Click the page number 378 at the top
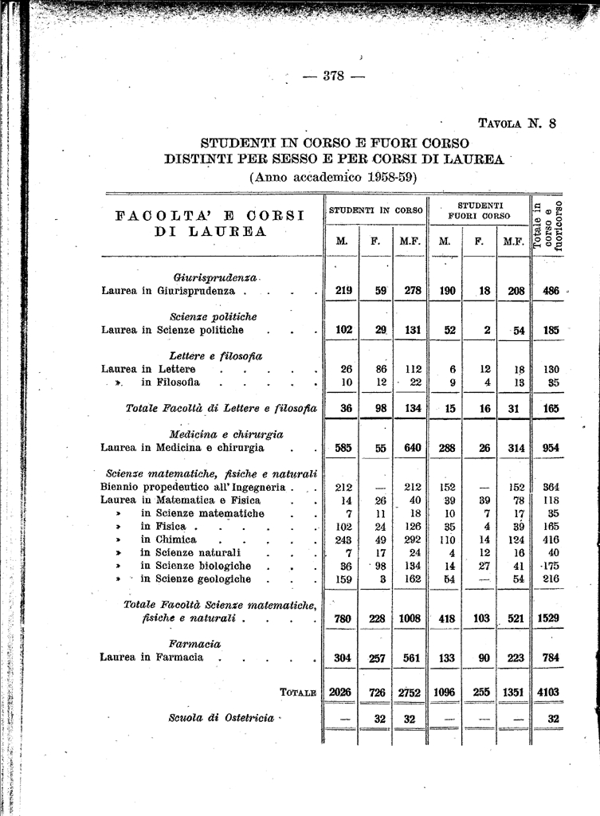click(333, 76)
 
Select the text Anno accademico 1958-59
click(333, 176)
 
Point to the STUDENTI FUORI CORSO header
click(480, 210)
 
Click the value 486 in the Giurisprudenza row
click(551, 292)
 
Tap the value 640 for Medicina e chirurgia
click(412, 448)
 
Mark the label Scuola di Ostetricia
click(210, 718)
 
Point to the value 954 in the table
click(551, 448)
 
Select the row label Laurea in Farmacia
click(151, 657)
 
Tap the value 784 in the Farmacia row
click(551, 658)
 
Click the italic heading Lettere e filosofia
click(215, 356)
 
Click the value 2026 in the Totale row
click(340, 692)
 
